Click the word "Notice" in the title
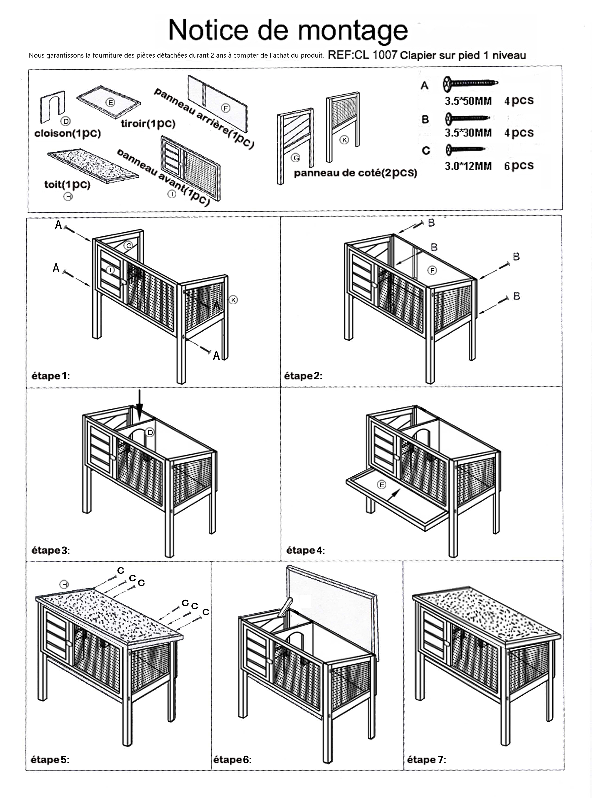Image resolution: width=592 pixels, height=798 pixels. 208,30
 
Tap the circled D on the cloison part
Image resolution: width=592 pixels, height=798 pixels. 66,121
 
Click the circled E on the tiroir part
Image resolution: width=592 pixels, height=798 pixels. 111,103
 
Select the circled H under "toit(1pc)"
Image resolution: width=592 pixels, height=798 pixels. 68,196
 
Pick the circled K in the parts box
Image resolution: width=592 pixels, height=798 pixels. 344,140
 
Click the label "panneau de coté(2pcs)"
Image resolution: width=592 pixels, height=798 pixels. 355,173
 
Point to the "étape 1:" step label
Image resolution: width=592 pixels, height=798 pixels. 51,376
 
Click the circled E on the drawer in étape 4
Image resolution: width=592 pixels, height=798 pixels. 382,485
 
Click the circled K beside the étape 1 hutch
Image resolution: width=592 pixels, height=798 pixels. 233,300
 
